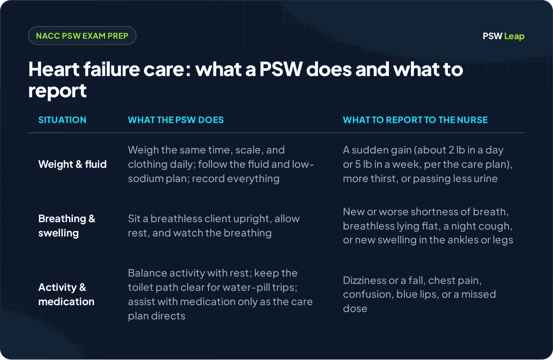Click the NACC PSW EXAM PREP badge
[x=82, y=35]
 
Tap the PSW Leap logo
[x=503, y=36]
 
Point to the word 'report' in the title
[x=57, y=91]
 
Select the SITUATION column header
[x=62, y=120]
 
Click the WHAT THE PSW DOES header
[x=176, y=120]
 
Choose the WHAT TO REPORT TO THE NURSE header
[x=415, y=120]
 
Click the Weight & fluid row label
[x=72, y=164]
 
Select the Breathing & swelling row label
[x=67, y=226]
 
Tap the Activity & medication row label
[x=66, y=295]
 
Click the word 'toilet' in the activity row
[x=140, y=288]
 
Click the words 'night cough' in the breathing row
[x=482, y=226]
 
